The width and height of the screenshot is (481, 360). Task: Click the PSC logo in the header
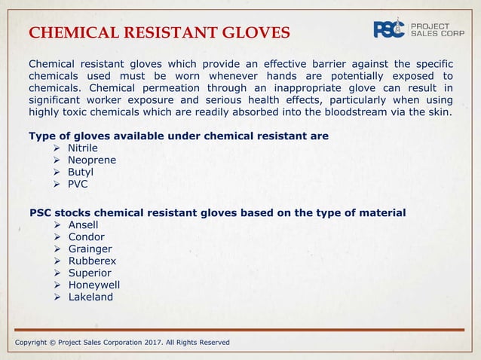coord(390,29)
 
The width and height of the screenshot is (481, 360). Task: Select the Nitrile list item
coord(83,148)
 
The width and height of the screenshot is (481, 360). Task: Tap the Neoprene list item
coord(92,160)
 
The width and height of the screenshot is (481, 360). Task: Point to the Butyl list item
coord(81,172)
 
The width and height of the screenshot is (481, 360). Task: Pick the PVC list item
coord(78,184)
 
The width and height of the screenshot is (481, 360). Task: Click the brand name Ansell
coord(83,224)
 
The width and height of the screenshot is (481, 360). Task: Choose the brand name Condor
coord(86,236)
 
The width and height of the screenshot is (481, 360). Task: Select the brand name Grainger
coord(90,249)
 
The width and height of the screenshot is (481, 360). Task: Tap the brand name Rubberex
coord(92,261)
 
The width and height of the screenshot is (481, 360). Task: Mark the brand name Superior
coord(90,273)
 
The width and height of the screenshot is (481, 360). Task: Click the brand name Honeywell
coord(93,285)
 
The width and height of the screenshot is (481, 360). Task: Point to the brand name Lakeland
coord(90,297)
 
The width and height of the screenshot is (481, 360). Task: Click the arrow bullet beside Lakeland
coord(59,297)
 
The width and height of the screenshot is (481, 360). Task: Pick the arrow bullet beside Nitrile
coord(59,148)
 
